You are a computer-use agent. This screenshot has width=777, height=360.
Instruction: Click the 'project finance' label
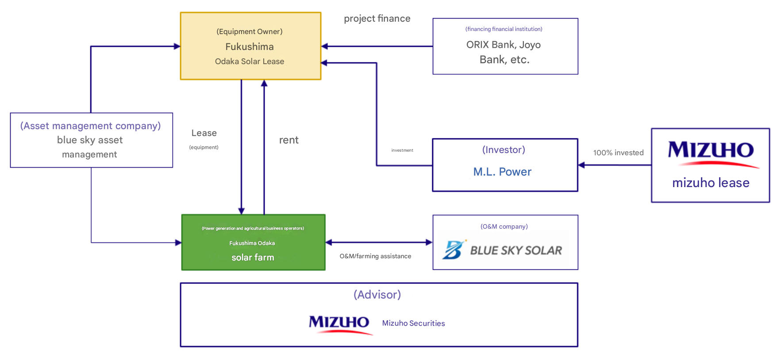377,19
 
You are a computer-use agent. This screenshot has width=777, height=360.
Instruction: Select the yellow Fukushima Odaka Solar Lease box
250,46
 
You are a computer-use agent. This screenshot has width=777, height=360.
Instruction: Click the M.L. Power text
502,172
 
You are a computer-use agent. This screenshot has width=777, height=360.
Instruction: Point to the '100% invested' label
618,153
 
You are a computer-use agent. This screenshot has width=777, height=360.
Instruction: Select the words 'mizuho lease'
711,183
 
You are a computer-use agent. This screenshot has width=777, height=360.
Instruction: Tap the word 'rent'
288,140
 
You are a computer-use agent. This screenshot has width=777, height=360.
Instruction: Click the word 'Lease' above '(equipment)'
204,133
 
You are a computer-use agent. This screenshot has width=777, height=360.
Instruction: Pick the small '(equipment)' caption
204,147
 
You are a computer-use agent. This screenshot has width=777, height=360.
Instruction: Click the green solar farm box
253,242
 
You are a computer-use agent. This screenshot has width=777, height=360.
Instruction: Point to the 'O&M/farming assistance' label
375,256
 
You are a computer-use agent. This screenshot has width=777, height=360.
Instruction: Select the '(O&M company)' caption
504,226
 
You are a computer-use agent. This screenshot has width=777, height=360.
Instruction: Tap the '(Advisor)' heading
377,295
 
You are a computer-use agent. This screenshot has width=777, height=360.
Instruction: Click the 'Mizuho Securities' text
413,323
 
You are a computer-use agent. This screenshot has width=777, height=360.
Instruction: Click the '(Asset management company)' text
90,126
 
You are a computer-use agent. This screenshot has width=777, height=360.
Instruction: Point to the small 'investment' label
402,150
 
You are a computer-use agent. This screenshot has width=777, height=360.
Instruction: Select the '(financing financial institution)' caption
504,29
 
